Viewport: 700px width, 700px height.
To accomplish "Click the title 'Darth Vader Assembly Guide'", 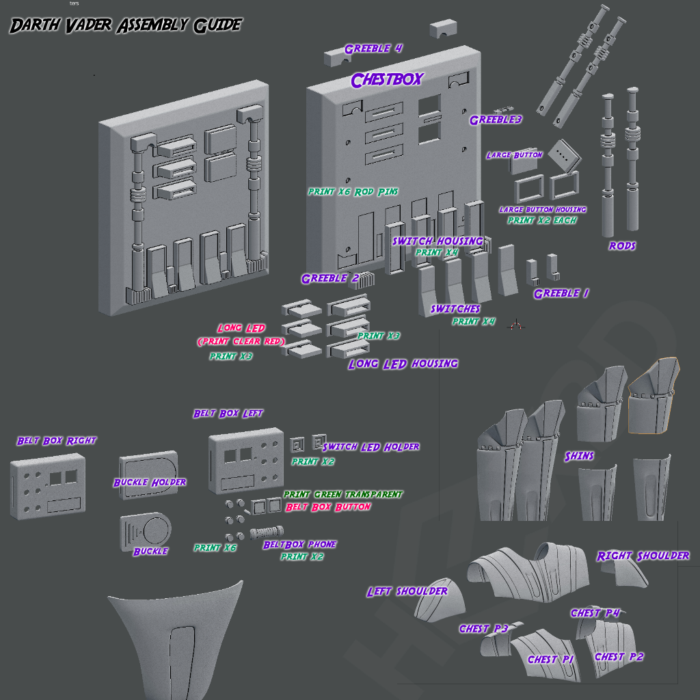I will coord(125,26).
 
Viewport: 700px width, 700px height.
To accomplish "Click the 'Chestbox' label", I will coord(387,80).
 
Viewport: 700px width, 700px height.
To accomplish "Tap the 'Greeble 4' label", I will coord(373,49).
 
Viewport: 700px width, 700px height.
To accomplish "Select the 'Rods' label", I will coord(621,245).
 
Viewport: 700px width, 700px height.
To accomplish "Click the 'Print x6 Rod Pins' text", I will coord(353,192).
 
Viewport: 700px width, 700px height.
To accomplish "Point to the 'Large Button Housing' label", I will coord(542,209).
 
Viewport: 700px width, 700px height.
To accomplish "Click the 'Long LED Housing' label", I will coord(403,364).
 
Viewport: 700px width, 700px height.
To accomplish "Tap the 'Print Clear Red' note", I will coord(241,341).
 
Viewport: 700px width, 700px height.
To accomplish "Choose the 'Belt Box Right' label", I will coord(57,441).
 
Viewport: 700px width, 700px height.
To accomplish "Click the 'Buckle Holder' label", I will coord(150,483).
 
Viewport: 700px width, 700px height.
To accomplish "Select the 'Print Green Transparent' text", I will coord(342,494).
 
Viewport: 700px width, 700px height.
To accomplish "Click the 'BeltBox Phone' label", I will coord(299,544).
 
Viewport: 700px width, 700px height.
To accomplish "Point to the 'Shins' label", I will coord(579,456).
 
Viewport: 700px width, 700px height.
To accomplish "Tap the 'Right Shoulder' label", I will coord(643,556).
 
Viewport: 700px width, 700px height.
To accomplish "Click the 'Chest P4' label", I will coord(595,613).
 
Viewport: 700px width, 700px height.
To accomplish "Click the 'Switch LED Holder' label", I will coord(371,446).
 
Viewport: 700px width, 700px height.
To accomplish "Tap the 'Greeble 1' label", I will coord(561,293).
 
